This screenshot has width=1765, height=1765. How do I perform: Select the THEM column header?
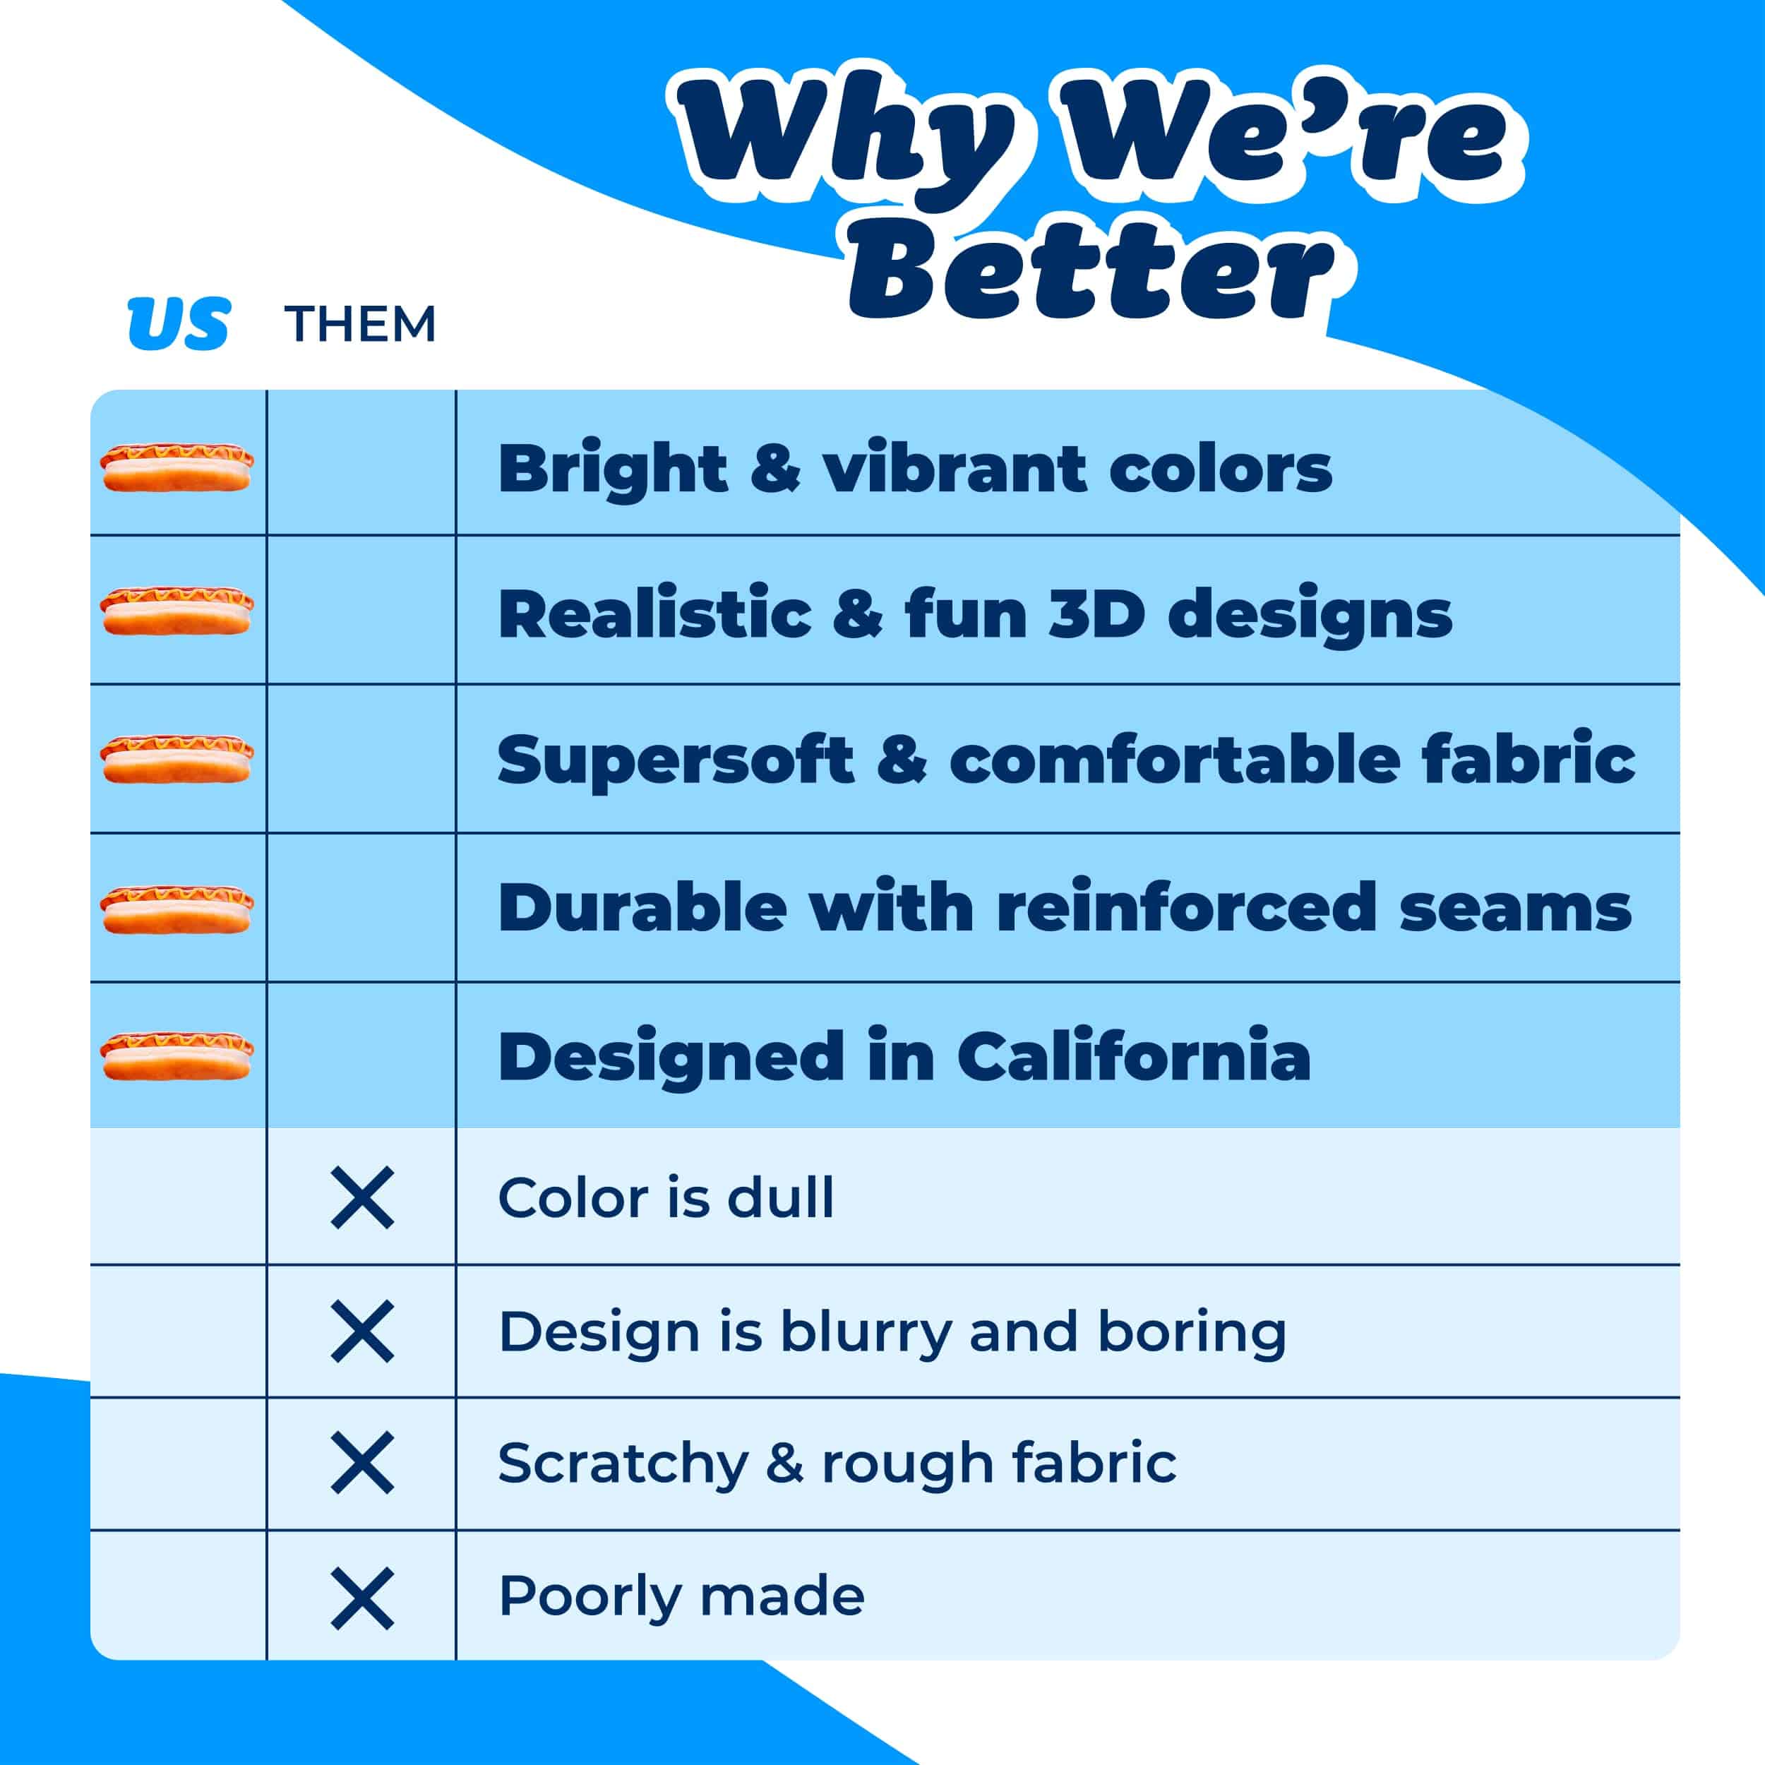click(x=360, y=324)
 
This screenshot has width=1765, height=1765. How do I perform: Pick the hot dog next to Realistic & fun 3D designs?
click(x=176, y=611)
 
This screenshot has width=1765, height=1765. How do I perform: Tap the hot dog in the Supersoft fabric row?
click(x=176, y=759)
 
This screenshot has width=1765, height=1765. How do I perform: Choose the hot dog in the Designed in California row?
click(x=176, y=1056)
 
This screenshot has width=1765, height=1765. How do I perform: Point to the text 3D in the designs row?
click(x=1096, y=614)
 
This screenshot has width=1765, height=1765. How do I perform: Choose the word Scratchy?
click(x=623, y=1466)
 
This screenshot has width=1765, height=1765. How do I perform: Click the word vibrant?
click(x=955, y=468)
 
